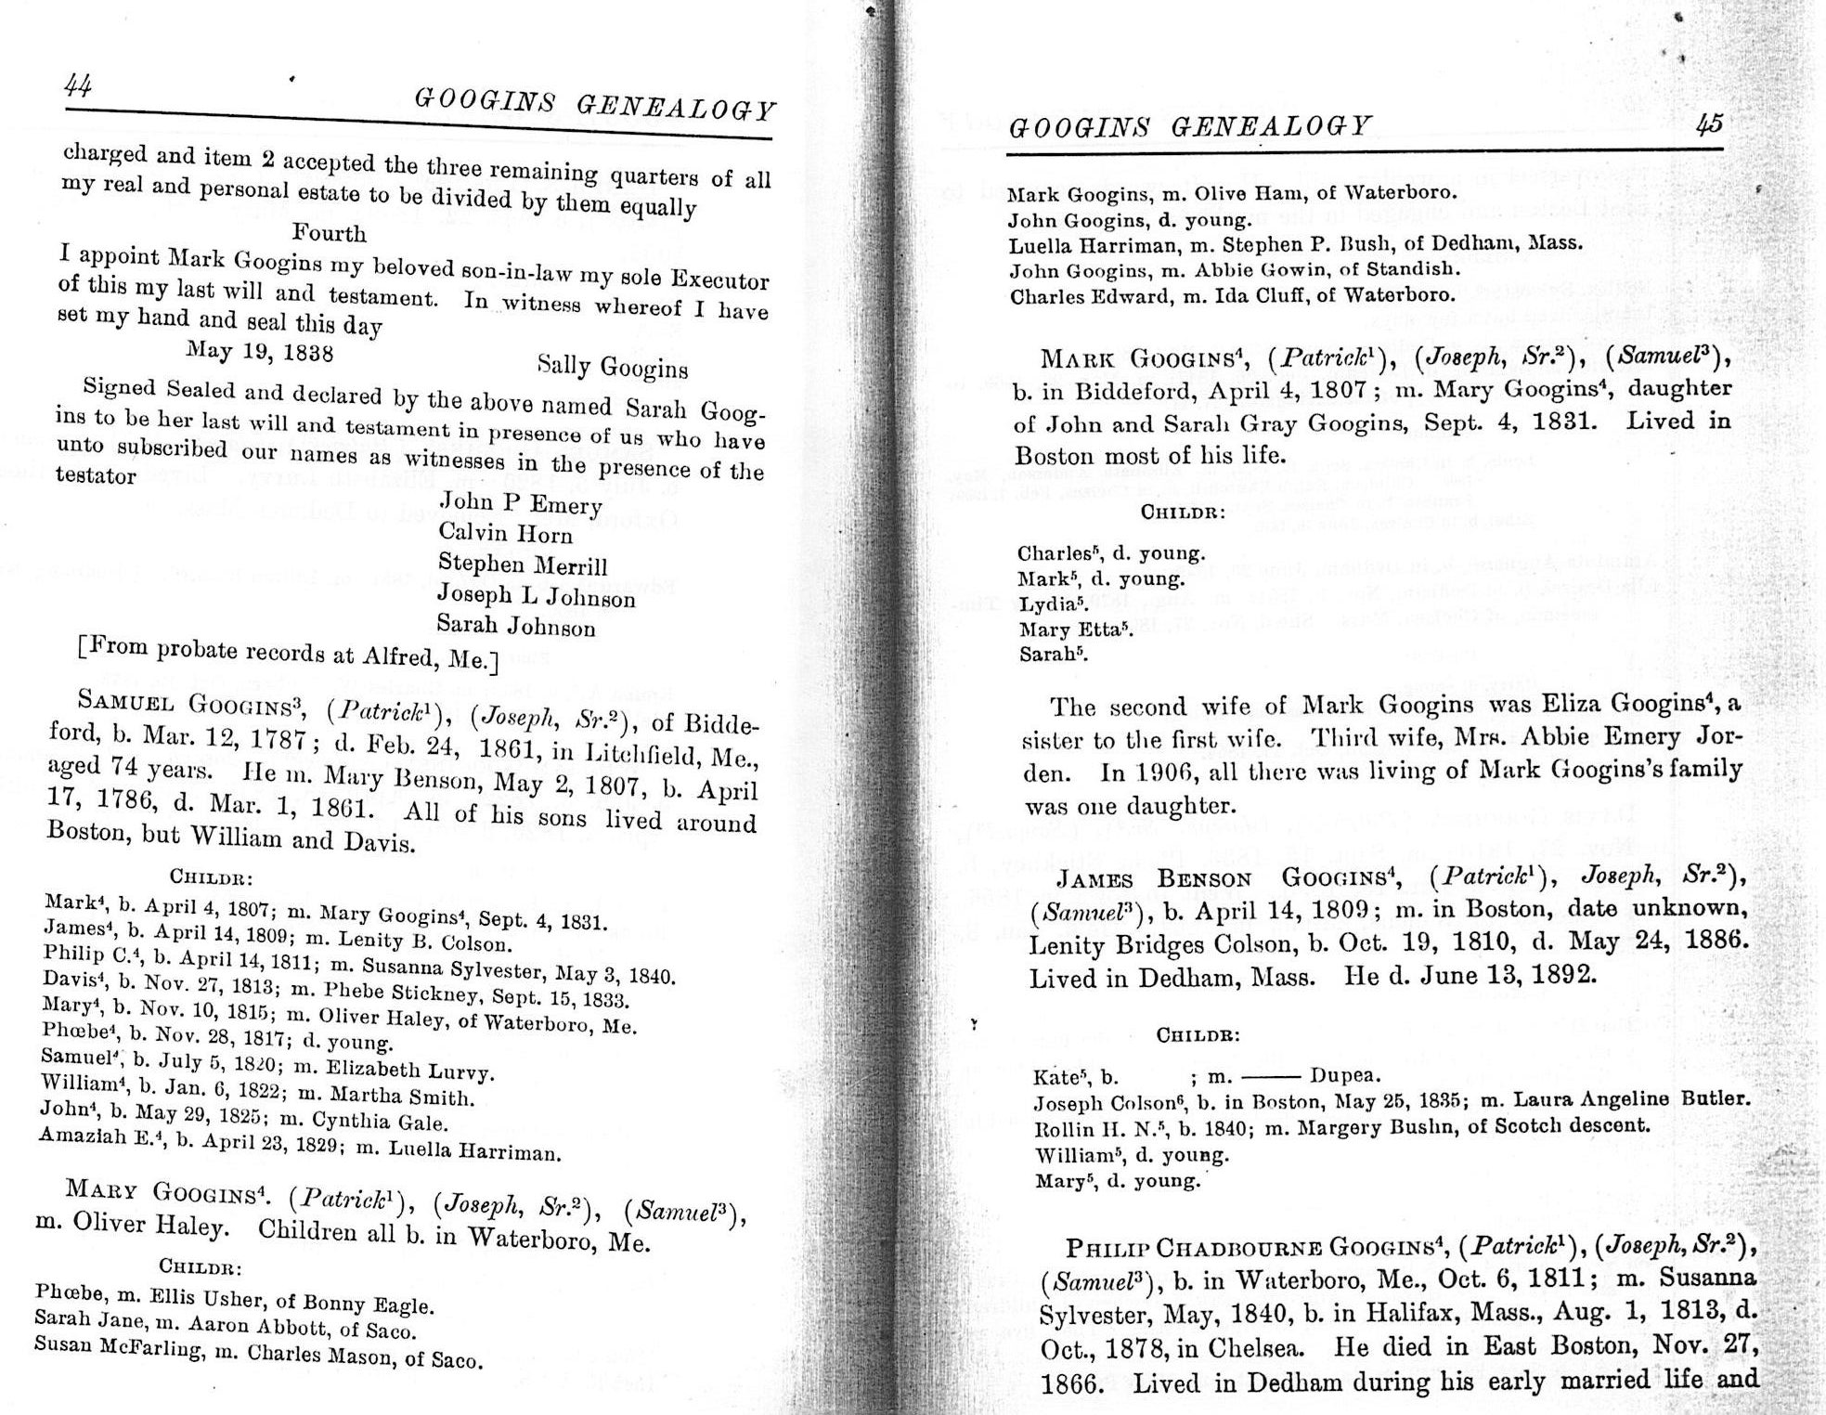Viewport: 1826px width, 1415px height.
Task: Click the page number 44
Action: click(x=78, y=86)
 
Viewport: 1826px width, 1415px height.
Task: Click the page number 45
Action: click(x=1708, y=124)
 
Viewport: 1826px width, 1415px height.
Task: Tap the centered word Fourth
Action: click(x=329, y=232)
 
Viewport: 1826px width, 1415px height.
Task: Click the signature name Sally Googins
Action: click(x=613, y=368)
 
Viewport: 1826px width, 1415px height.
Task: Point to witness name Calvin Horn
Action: click(x=505, y=534)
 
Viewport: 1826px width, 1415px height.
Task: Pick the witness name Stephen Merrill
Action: click(x=522, y=565)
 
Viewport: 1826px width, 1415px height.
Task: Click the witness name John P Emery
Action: click(x=520, y=503)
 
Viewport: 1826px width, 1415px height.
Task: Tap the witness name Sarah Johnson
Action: click(x=515, y=626)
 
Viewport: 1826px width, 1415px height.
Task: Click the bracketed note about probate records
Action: click(x=288, y=654)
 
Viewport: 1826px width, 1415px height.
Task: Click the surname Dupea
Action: click(x=1345, y=1076)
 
